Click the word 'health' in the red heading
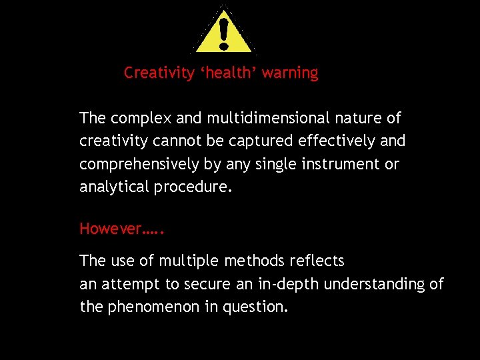click(230, 73)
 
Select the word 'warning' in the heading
click(290, 73)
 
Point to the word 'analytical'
click(115, 187)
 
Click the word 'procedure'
click(193, 187)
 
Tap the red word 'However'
click(111, 229)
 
